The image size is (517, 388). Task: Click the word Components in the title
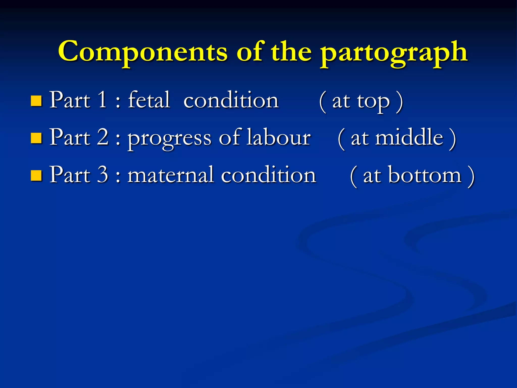click(143, 52)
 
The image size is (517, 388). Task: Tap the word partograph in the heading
click(394, 53)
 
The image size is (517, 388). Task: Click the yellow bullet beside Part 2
click(36, 138)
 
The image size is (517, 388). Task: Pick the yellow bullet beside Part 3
click(36, 175)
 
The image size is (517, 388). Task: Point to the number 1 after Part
click(102, 100)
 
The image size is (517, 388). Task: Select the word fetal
click(149, 100)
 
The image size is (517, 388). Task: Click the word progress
click(169, 139)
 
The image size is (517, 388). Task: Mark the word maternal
click(171, 175)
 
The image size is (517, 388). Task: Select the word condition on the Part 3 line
click(269, 175)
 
